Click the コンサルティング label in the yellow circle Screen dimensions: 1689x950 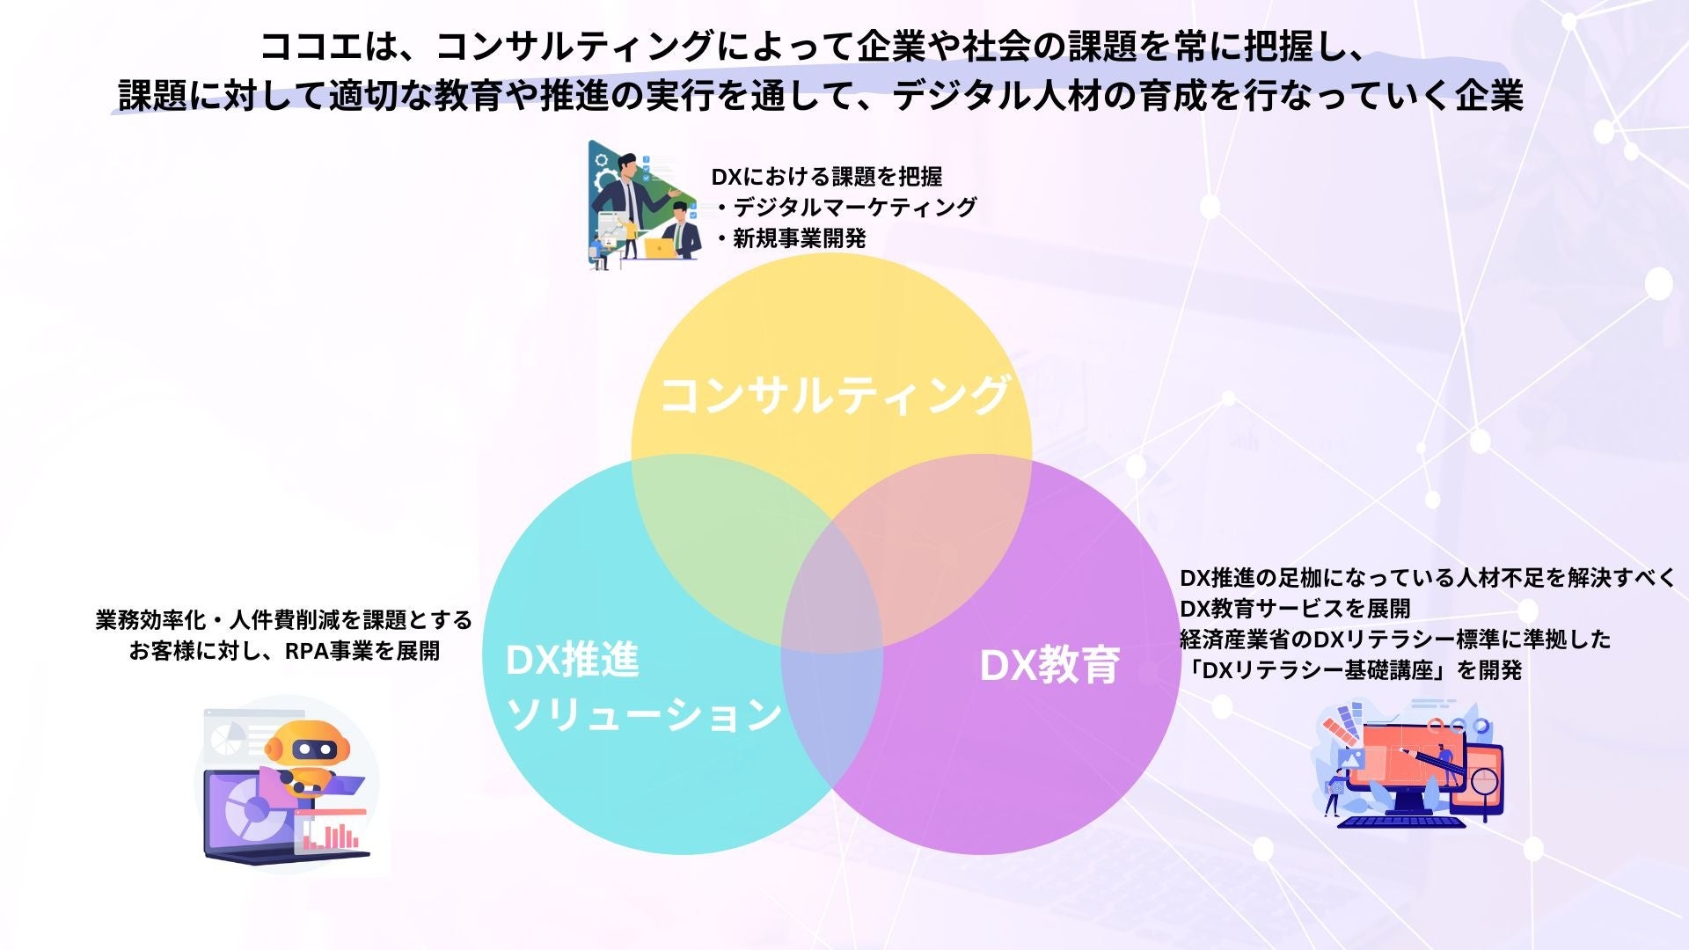[834, 395]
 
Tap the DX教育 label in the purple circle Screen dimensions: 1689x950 [1049, 666]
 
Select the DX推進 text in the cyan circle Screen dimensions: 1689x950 [573, 661]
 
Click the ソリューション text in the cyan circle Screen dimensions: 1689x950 [645, 714]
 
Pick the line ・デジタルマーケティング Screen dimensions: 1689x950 [845, 208]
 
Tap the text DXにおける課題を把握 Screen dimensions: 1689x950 [826, 177]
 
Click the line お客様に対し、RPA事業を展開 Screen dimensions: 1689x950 [284, 651]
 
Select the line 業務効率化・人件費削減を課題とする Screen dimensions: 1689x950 [284, 620]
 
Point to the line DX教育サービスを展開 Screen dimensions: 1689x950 [1295, 608]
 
